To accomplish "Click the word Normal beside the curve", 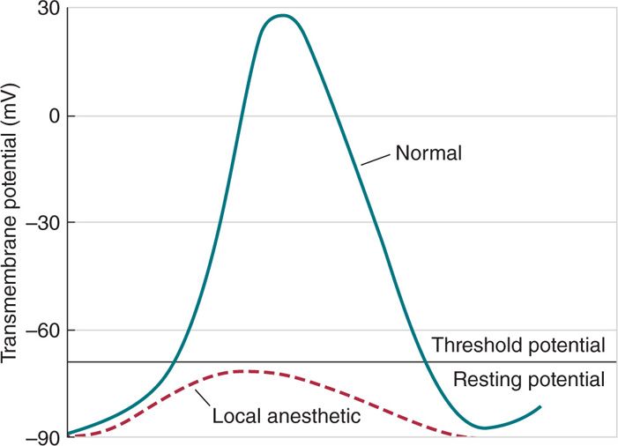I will tap(429, 153).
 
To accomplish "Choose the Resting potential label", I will tap(528, 380).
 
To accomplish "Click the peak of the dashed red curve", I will tap(247, 371).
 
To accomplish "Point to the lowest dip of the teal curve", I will tap(483, 427).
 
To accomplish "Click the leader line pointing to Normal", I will tap(375, 159).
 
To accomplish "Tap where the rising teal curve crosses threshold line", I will tap(175, 361).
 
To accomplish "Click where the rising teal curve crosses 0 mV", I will tap(240, 116).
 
